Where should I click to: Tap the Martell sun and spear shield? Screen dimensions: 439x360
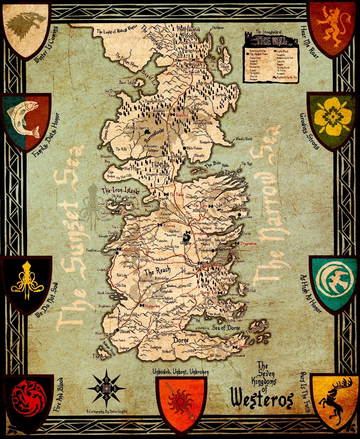pos(181,402)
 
